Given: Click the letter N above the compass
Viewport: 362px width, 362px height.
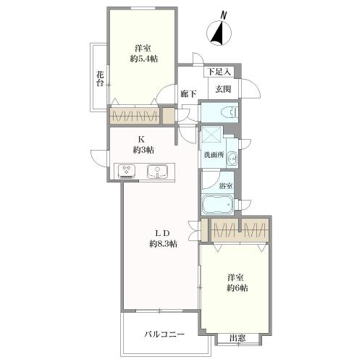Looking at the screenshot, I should tap(223, 14).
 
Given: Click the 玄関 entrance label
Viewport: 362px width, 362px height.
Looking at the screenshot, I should tap(223, 88).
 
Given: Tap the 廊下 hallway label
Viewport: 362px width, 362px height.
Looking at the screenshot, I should tap(189, 94).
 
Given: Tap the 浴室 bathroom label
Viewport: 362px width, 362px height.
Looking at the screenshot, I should tap(225, 186).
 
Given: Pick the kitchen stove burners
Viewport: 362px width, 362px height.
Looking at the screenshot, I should tap(127, 172).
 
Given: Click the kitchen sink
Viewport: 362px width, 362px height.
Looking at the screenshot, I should tap(156, 172).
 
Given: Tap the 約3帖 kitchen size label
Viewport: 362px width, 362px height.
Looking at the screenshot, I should tap(143, 150).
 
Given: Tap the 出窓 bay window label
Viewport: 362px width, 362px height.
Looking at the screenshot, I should tap(236, 338).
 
